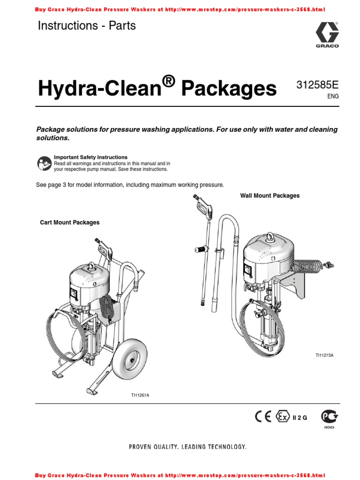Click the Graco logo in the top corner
coord(327,35)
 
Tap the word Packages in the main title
coord(229,88)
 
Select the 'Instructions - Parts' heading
coord(87,26)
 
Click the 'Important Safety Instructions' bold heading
coord(90,157)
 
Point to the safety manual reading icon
coord(44,163)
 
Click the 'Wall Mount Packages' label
coord(270,195)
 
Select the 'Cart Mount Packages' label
coord(70,223)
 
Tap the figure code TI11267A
coord(140,395)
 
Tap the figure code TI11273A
coord(324,356)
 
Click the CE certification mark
coord(263,416)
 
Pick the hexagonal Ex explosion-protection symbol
coord(282,416)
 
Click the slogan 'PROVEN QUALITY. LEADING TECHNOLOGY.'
coord(187,447)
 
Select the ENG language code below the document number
coord(332,96)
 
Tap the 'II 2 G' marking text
coord(300,418)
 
